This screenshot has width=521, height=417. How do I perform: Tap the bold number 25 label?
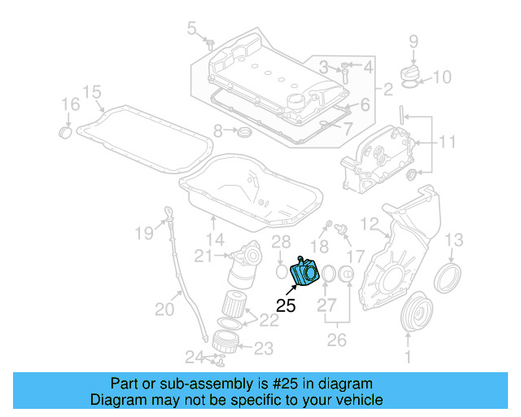click(x=286, y=307)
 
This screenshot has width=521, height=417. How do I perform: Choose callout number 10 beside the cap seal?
click(x=440, y=78)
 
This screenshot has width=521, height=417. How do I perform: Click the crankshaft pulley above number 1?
click(x=419, y=309)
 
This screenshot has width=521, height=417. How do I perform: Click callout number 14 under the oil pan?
click(x=215, y=239)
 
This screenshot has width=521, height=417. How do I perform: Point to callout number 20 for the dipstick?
click(x=165, y=309)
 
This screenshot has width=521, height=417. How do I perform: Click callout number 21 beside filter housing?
click(x=204, y=256)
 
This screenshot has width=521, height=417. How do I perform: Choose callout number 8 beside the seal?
click(x=217, y=130)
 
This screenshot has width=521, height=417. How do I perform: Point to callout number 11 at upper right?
click(x=447, y=143)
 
